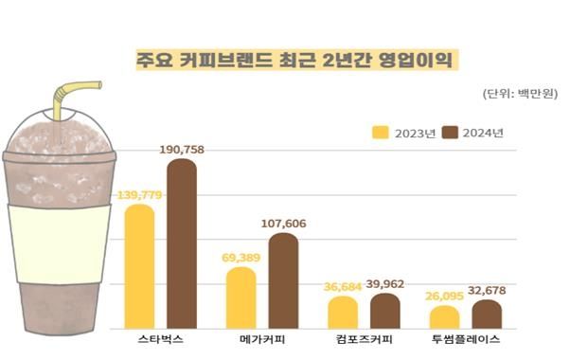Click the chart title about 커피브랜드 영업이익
point(294,60)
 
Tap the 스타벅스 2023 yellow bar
point(139,265)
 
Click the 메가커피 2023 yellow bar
point(241,297)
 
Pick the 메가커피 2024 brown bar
point(283,279)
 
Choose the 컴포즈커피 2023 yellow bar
point(343,312)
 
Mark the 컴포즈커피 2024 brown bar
point(384,310)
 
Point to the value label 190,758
point(181,149)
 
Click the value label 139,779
point(139,194)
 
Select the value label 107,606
point(283,223)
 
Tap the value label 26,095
point(443,296)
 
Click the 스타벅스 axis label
point(160,339)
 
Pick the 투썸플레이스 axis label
point(464,339)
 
